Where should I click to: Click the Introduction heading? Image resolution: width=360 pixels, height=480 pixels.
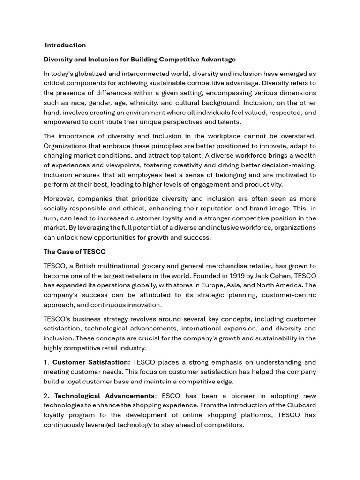65,45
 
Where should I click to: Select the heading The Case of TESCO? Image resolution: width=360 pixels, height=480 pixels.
75,252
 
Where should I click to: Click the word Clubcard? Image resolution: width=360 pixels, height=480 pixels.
300,405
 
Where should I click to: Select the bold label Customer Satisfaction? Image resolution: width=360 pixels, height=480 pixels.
91,362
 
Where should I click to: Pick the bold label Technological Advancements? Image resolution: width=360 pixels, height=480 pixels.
104,396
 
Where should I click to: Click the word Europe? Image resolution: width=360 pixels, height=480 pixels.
196,285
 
